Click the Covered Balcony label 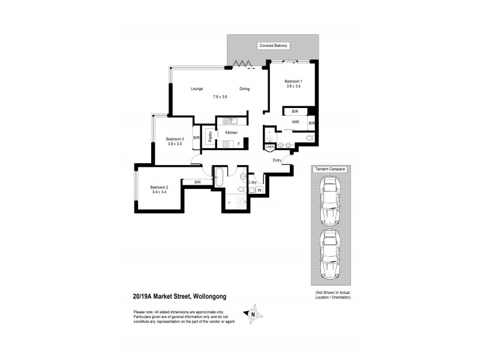pyautogui.click(x=273, y=46)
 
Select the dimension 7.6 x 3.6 pyautogui.click(x=220, y=97)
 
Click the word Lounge pyautogui.click(x=197, y=89)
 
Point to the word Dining pyautogui.click(x=244, y=89)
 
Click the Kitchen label pyautogui.click(x=232, y=133)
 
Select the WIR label pyautogui.click(x=295, y=122)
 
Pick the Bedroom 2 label pyautogui.click(x=159, y=187)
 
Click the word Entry pyautogui.click(x=277, y=160)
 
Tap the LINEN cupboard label pyautogui.click(x=269, y=147)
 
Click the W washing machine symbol pyautogui.click(x=259, y=190)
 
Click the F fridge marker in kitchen pyautogui.click(x=239, y=144)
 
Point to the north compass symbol pyautogui.click(x=253, y=314)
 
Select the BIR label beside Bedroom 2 pyautogui.click(x=198, y=182)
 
